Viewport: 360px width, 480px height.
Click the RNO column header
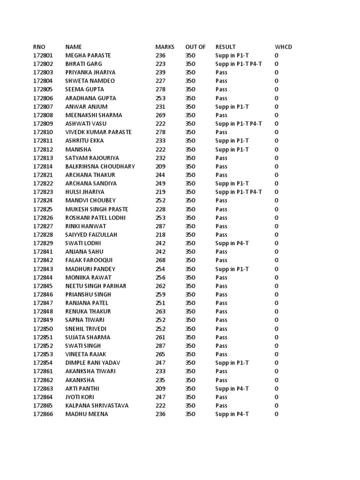39,47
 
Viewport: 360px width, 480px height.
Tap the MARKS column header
165,47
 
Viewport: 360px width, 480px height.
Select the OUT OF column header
195,47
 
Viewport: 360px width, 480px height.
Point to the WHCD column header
283,47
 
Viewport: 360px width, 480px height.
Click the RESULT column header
225,47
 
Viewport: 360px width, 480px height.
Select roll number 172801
43,55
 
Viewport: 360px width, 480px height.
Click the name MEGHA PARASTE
88,55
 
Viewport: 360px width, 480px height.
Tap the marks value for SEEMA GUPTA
161,90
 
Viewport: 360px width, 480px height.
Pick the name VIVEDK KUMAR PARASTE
98,132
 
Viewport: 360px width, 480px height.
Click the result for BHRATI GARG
239,64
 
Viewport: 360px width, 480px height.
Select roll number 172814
43,166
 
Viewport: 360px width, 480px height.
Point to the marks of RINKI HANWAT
161,226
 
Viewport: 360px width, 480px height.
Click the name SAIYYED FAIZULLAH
91,235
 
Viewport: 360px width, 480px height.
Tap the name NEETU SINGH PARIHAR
96,286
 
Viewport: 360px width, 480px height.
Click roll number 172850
43,329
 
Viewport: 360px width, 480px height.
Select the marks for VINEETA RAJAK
161,354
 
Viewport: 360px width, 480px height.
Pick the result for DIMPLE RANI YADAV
232,363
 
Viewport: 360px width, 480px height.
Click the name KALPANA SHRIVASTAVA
97,405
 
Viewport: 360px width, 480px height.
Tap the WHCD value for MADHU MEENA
277,414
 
